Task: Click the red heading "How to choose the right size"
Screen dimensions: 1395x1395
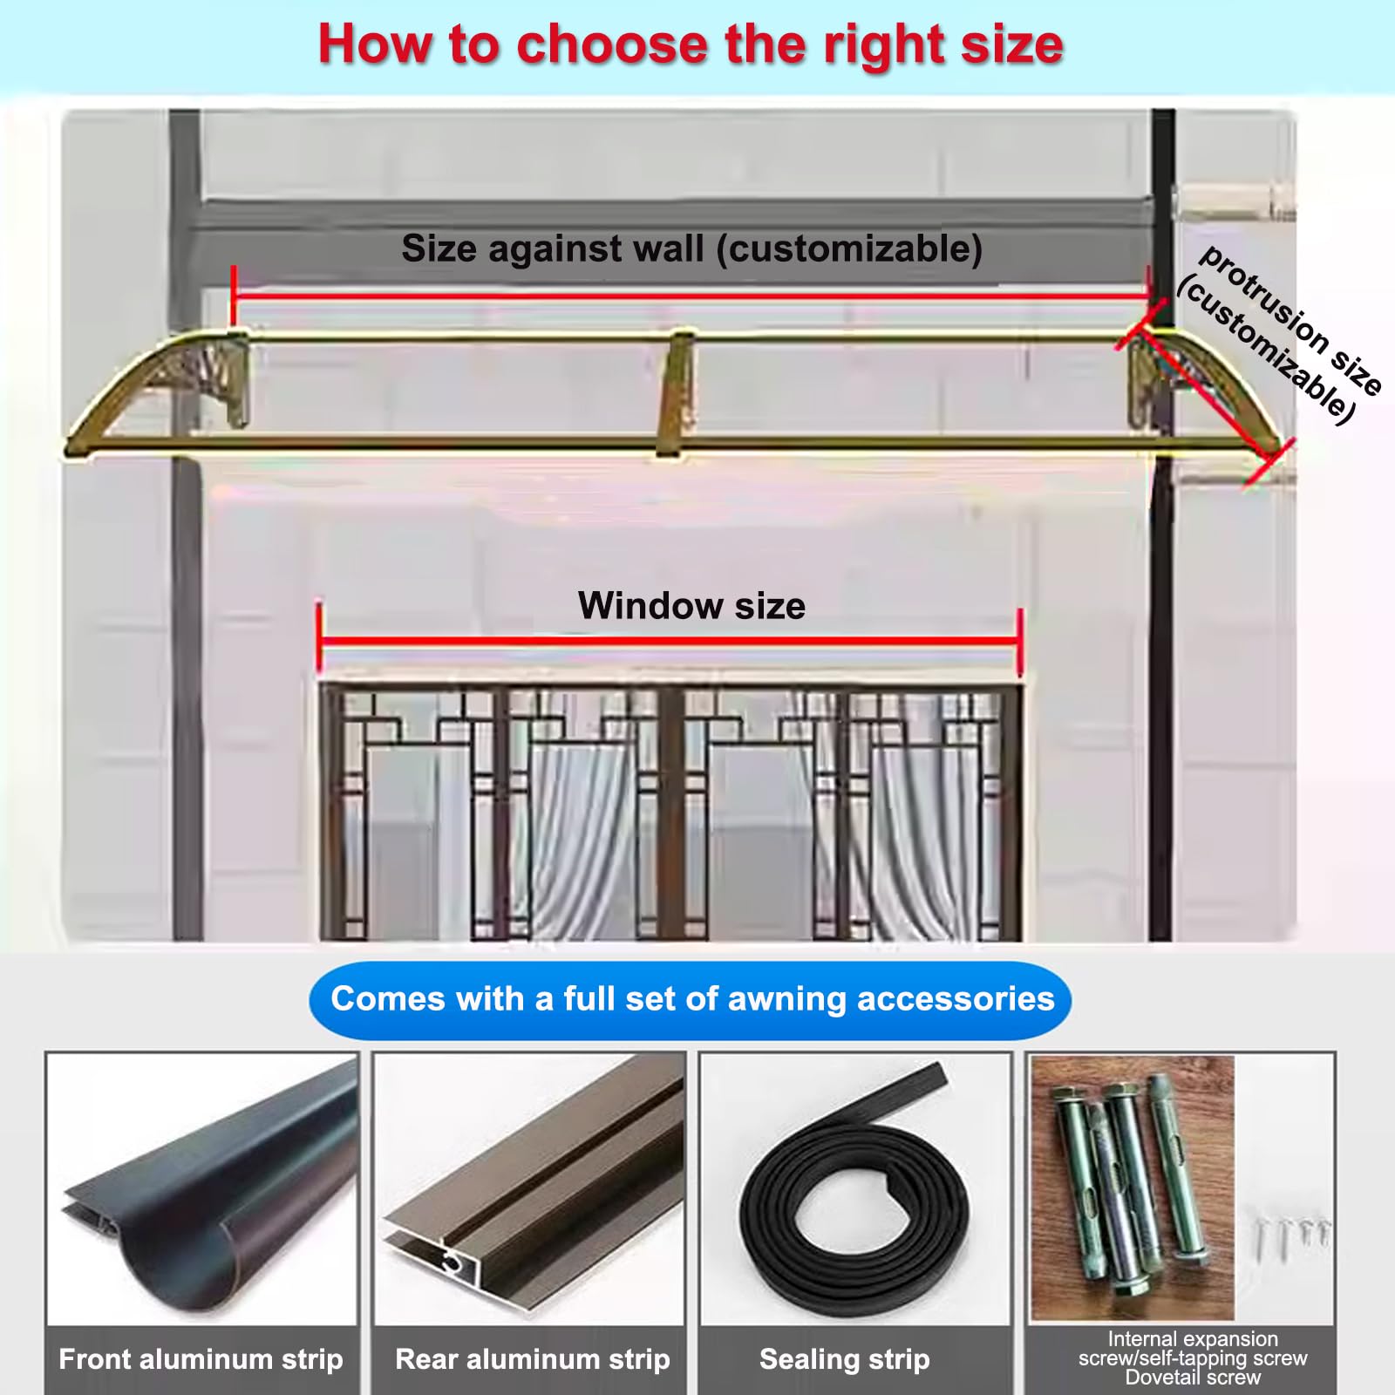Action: pos(691,44)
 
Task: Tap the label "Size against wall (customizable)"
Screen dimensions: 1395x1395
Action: pos(692,249)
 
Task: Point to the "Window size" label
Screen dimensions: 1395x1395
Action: pos(691,605)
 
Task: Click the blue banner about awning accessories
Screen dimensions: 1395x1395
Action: pos(691,1000)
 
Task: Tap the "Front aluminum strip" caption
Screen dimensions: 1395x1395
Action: pos(201,1358)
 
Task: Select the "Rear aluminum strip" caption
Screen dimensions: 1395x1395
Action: pos(532,1358)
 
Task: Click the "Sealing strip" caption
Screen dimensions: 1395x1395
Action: pos(844,1358)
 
